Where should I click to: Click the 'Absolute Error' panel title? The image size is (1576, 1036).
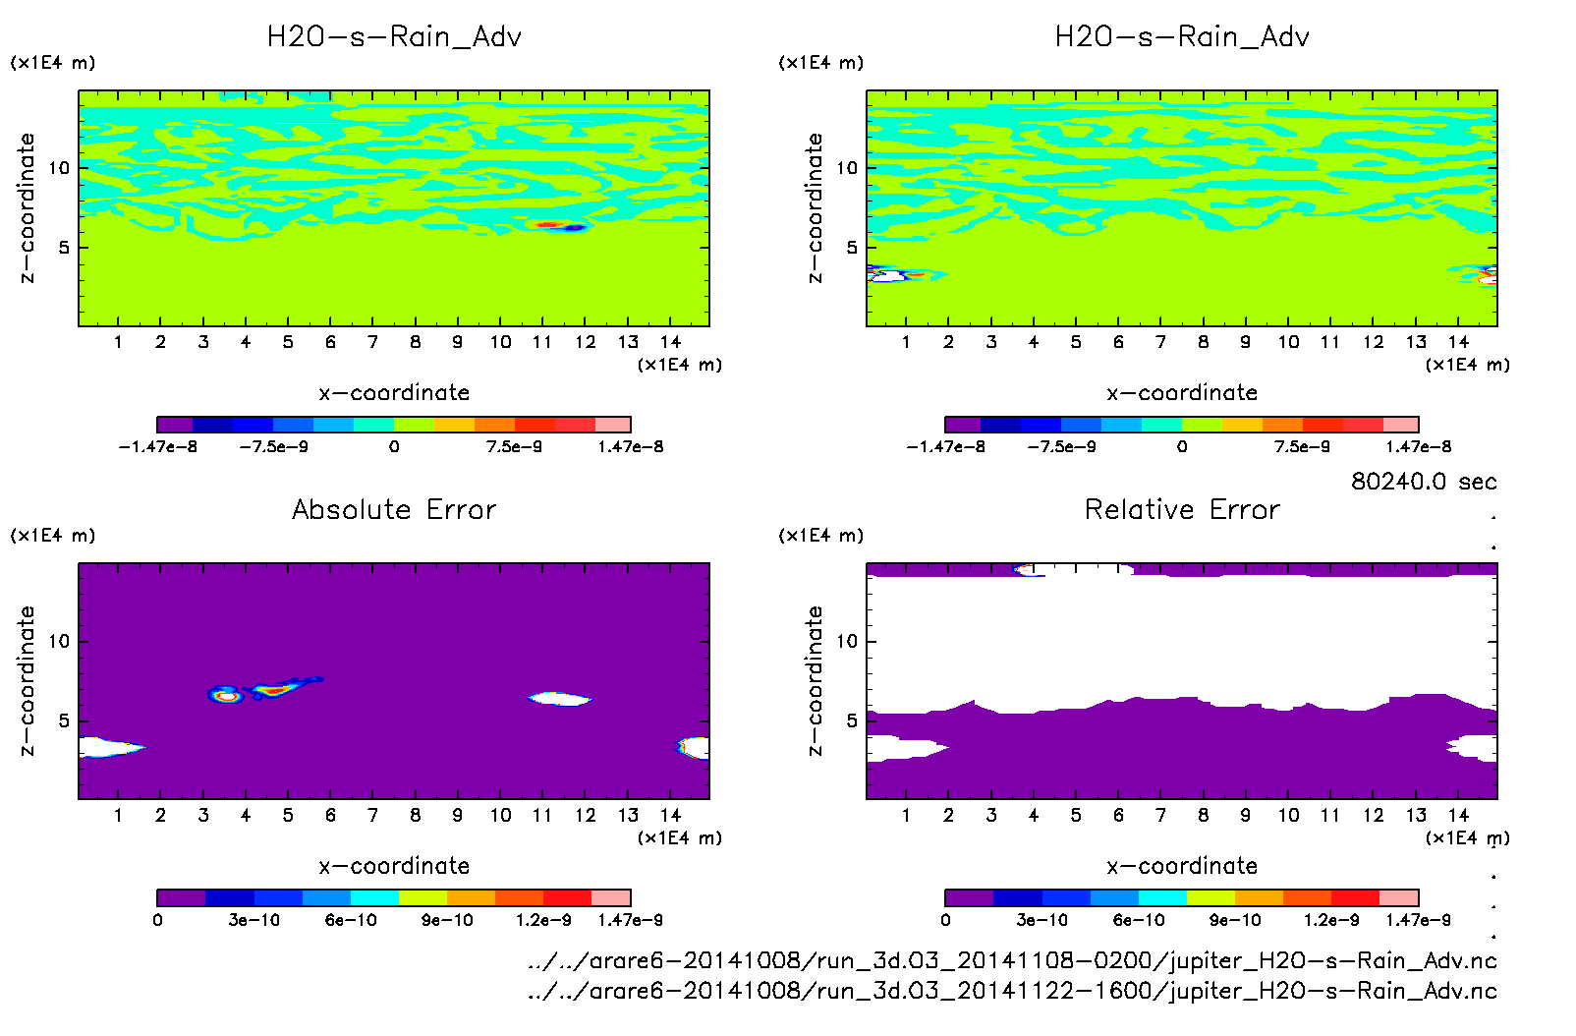(x=394, y=509)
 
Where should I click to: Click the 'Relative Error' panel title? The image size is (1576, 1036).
(x=1182, y=509)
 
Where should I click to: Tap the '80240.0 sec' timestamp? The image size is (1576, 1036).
(x=1424, y=482)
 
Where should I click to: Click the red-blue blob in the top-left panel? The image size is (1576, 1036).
(x=561, y=226)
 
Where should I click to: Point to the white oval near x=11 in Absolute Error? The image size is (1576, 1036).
(x=559, y=699)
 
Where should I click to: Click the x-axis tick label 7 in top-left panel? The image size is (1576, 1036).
(x=372, y=342)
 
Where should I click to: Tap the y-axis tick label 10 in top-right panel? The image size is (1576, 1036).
(x=847, y=168)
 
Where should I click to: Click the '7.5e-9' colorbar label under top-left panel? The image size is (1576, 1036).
(x=514, y=447)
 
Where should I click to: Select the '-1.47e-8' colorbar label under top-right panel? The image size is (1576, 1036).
(x=945, y=447)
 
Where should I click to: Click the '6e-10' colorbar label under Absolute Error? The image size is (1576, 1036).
(x=351, y=920)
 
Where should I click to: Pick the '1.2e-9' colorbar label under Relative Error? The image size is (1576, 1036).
(x=1331, y=920)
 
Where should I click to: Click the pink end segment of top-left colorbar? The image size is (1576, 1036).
(x=613, y=425)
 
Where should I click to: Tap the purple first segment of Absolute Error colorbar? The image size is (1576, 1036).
(x=181, y=897)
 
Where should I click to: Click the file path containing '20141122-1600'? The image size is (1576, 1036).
(x=1012, y=991)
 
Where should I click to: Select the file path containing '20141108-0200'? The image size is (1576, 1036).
(x=1012, y=960)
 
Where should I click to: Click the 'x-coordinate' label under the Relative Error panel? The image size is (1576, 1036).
(x=1182, y=866)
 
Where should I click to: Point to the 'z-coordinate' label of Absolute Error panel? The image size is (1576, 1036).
(x=28, y=680)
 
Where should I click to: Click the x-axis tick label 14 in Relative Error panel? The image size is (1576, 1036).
(x=1458, y=815)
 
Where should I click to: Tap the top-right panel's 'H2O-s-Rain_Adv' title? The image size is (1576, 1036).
(x=1182, y=37)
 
